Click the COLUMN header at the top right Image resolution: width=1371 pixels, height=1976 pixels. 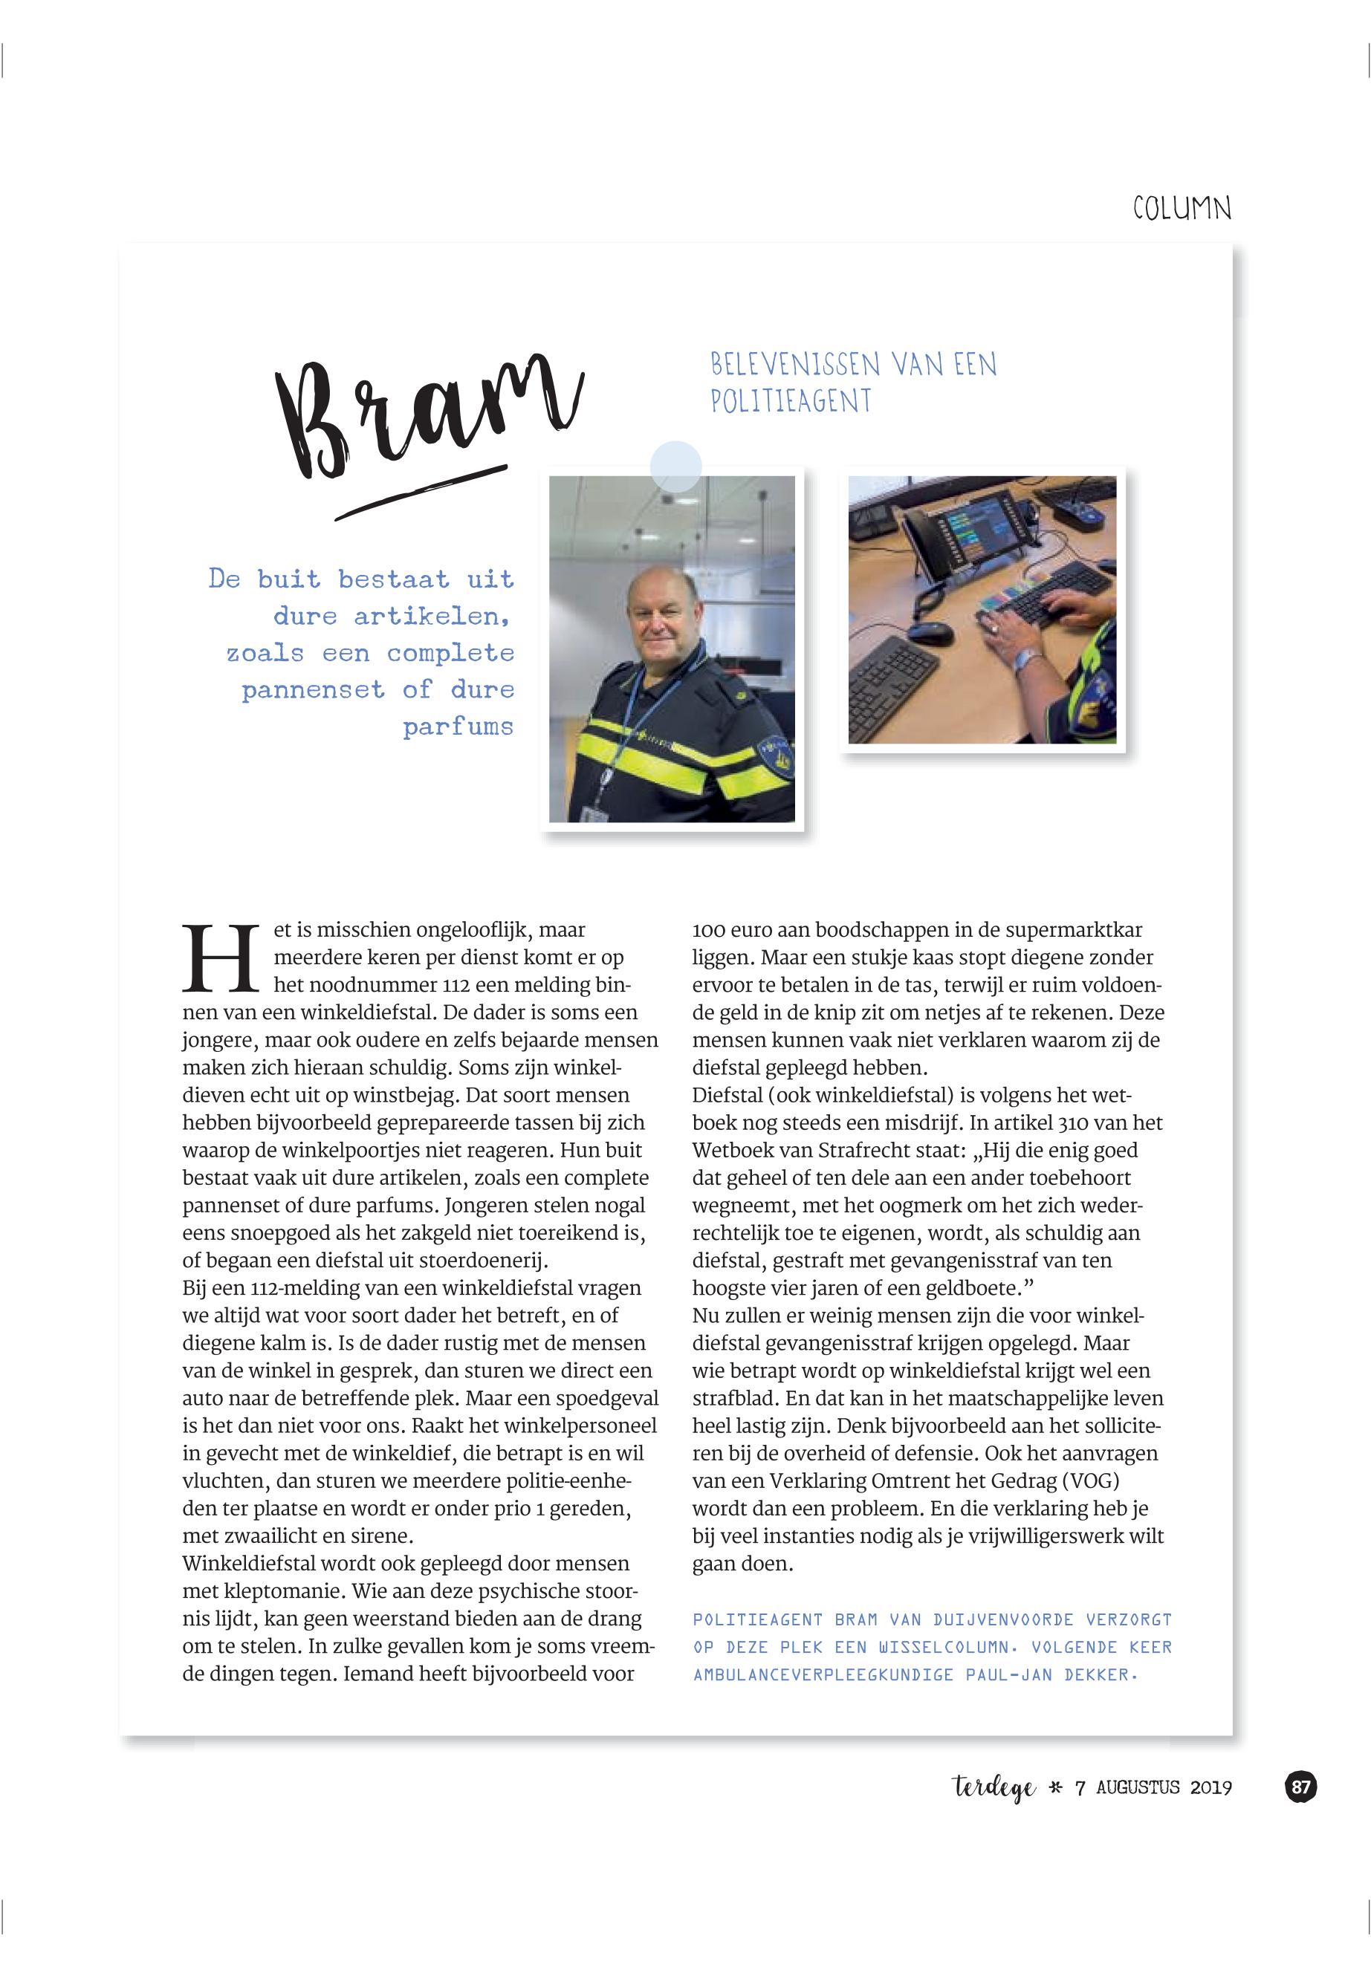1182,208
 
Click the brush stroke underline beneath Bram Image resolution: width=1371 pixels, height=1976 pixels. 420,493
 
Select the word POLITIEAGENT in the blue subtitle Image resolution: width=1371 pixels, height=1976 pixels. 791,401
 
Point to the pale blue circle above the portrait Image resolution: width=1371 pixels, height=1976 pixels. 675,467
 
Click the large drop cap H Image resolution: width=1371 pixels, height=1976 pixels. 221,958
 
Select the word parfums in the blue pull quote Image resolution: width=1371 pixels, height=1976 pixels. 458,727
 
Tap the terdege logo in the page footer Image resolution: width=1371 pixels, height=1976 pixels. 995,1788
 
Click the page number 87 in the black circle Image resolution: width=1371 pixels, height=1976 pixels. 1300,1787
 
